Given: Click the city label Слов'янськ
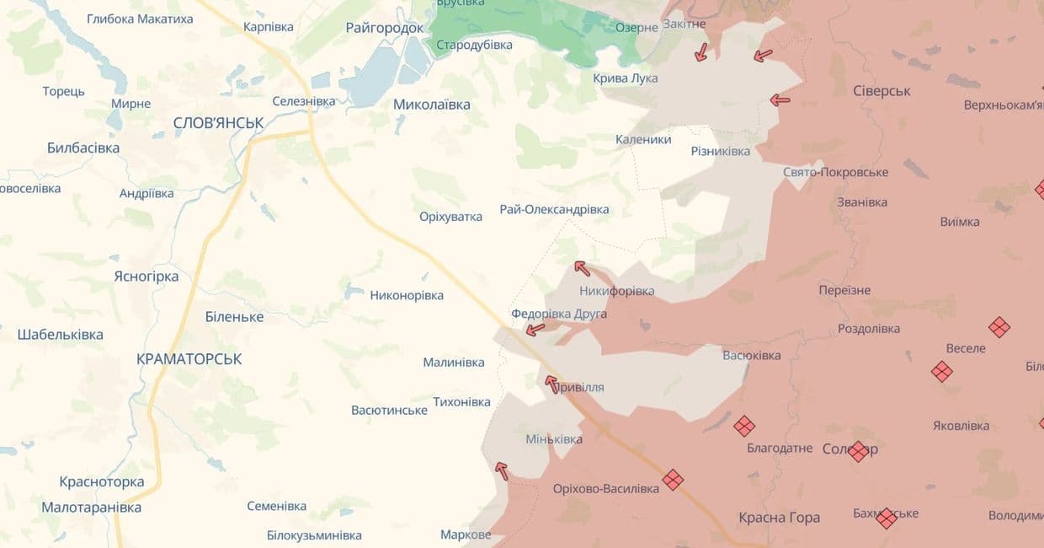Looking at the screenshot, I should pyautogui.click(x=218, y=123).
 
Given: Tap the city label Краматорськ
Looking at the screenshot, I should pyautogui.click(x=189, y=359).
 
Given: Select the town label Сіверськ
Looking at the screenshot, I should pyautogui.click(x=882, y=91).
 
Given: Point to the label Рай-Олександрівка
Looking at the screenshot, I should pyautogui.click(x=554, y=209).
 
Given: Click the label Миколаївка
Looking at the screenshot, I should pyautogui.click(x=432, y=105).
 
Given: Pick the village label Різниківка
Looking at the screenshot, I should pyautogui.click(x=720, y=151).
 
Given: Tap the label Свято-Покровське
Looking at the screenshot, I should pyautogui.click(x=835, y=172).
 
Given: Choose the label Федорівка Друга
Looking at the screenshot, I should pyautogui.click(x=559, y=314).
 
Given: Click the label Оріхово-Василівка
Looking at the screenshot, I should pyautogui.click(x=606, y=489).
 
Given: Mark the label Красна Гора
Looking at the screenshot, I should pyautogui.click(x=779, y=518).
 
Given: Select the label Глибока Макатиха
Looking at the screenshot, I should pyautogui.click(x=140, y=19).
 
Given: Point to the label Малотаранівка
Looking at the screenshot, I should pyautogui.click(x=92, y=508).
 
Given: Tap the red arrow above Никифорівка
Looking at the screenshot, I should pyautogui.click(x=582, y=268).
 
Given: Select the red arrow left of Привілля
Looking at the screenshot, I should pyautogui.click(x=551, y=384).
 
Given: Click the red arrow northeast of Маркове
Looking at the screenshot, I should pyautogui.click(x=502, y=470).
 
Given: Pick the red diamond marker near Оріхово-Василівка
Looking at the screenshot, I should pyautogui.click(x=672, y=480).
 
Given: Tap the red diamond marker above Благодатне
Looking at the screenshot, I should pyautogui.click(x=743, y=426).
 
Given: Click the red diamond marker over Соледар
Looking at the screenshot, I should pyautogui.click(x=857, y=451).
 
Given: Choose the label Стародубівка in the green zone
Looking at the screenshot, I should pyautogui.click(x=474, y=45).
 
